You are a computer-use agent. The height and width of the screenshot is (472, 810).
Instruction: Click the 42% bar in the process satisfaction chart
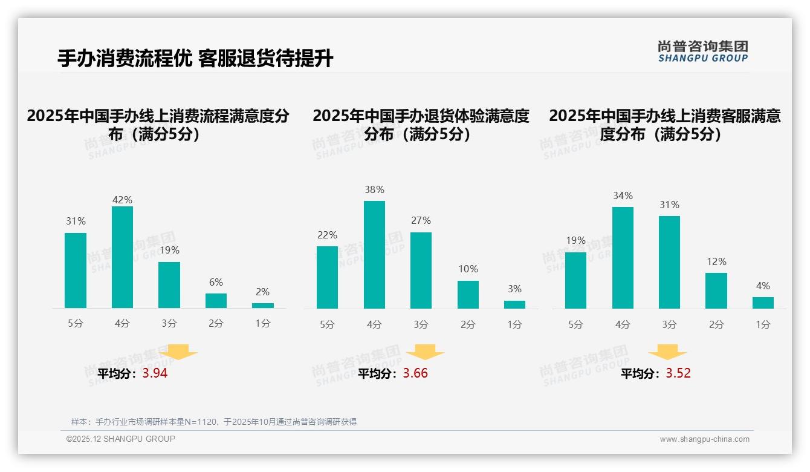tap(122, 257)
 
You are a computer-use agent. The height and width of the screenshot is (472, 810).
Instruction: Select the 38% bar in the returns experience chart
tap(374, 255)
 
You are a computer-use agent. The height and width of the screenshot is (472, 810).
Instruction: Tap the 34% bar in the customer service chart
tap(623, 258)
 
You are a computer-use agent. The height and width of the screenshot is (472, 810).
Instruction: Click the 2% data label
tap(263, 292)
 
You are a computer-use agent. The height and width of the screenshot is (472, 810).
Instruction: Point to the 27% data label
tap(421, 221)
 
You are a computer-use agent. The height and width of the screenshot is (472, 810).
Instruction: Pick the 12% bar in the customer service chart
tap(716, 290)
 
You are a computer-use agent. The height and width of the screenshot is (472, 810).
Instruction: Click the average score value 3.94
tap(155, 373)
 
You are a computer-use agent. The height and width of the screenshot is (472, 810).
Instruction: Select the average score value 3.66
tap(415, 373)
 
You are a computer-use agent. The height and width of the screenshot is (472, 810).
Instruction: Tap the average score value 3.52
tap(678, 373)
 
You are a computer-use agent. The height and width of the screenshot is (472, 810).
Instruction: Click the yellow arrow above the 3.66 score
tap(425, 352)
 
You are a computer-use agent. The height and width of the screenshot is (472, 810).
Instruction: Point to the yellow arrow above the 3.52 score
tap(667, 352)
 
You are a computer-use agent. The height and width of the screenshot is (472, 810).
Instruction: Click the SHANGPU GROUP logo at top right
tap(703, 51)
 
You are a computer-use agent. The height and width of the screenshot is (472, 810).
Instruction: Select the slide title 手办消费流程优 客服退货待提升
tap(195, 59)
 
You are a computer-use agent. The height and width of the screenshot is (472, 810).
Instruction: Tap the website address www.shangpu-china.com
tap(704, 439)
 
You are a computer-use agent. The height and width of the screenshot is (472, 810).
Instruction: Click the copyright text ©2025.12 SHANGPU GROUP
tap(121, 439)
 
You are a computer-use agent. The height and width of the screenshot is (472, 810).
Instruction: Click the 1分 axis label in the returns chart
tap(514, 325)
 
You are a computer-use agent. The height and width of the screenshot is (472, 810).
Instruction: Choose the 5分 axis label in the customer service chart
tap(575, 325)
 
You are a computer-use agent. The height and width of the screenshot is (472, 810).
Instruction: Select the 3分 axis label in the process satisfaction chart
tap(169, 324)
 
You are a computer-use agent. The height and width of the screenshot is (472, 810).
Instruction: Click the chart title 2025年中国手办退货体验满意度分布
tap(421, 125)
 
